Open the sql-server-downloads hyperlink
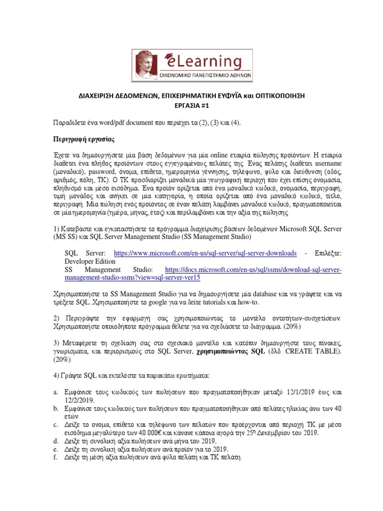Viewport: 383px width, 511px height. pos(205,253)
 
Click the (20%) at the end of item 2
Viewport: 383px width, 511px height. pos(309,327)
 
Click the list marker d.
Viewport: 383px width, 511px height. pos(56,441)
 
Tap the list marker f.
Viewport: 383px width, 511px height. pos(56,457)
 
